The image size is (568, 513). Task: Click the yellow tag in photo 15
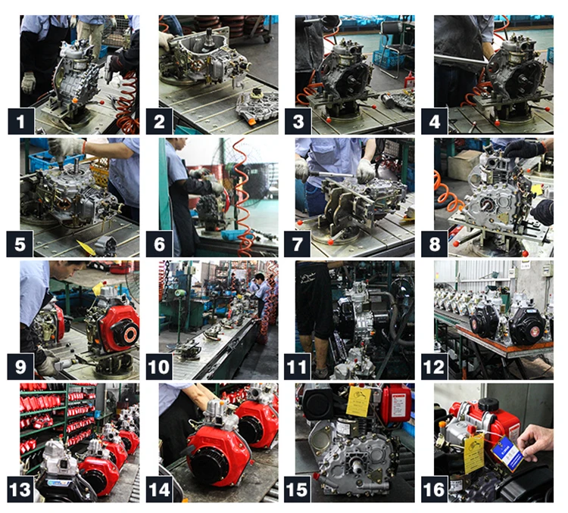(357, 401)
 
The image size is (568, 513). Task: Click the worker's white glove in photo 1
(28, 81)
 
